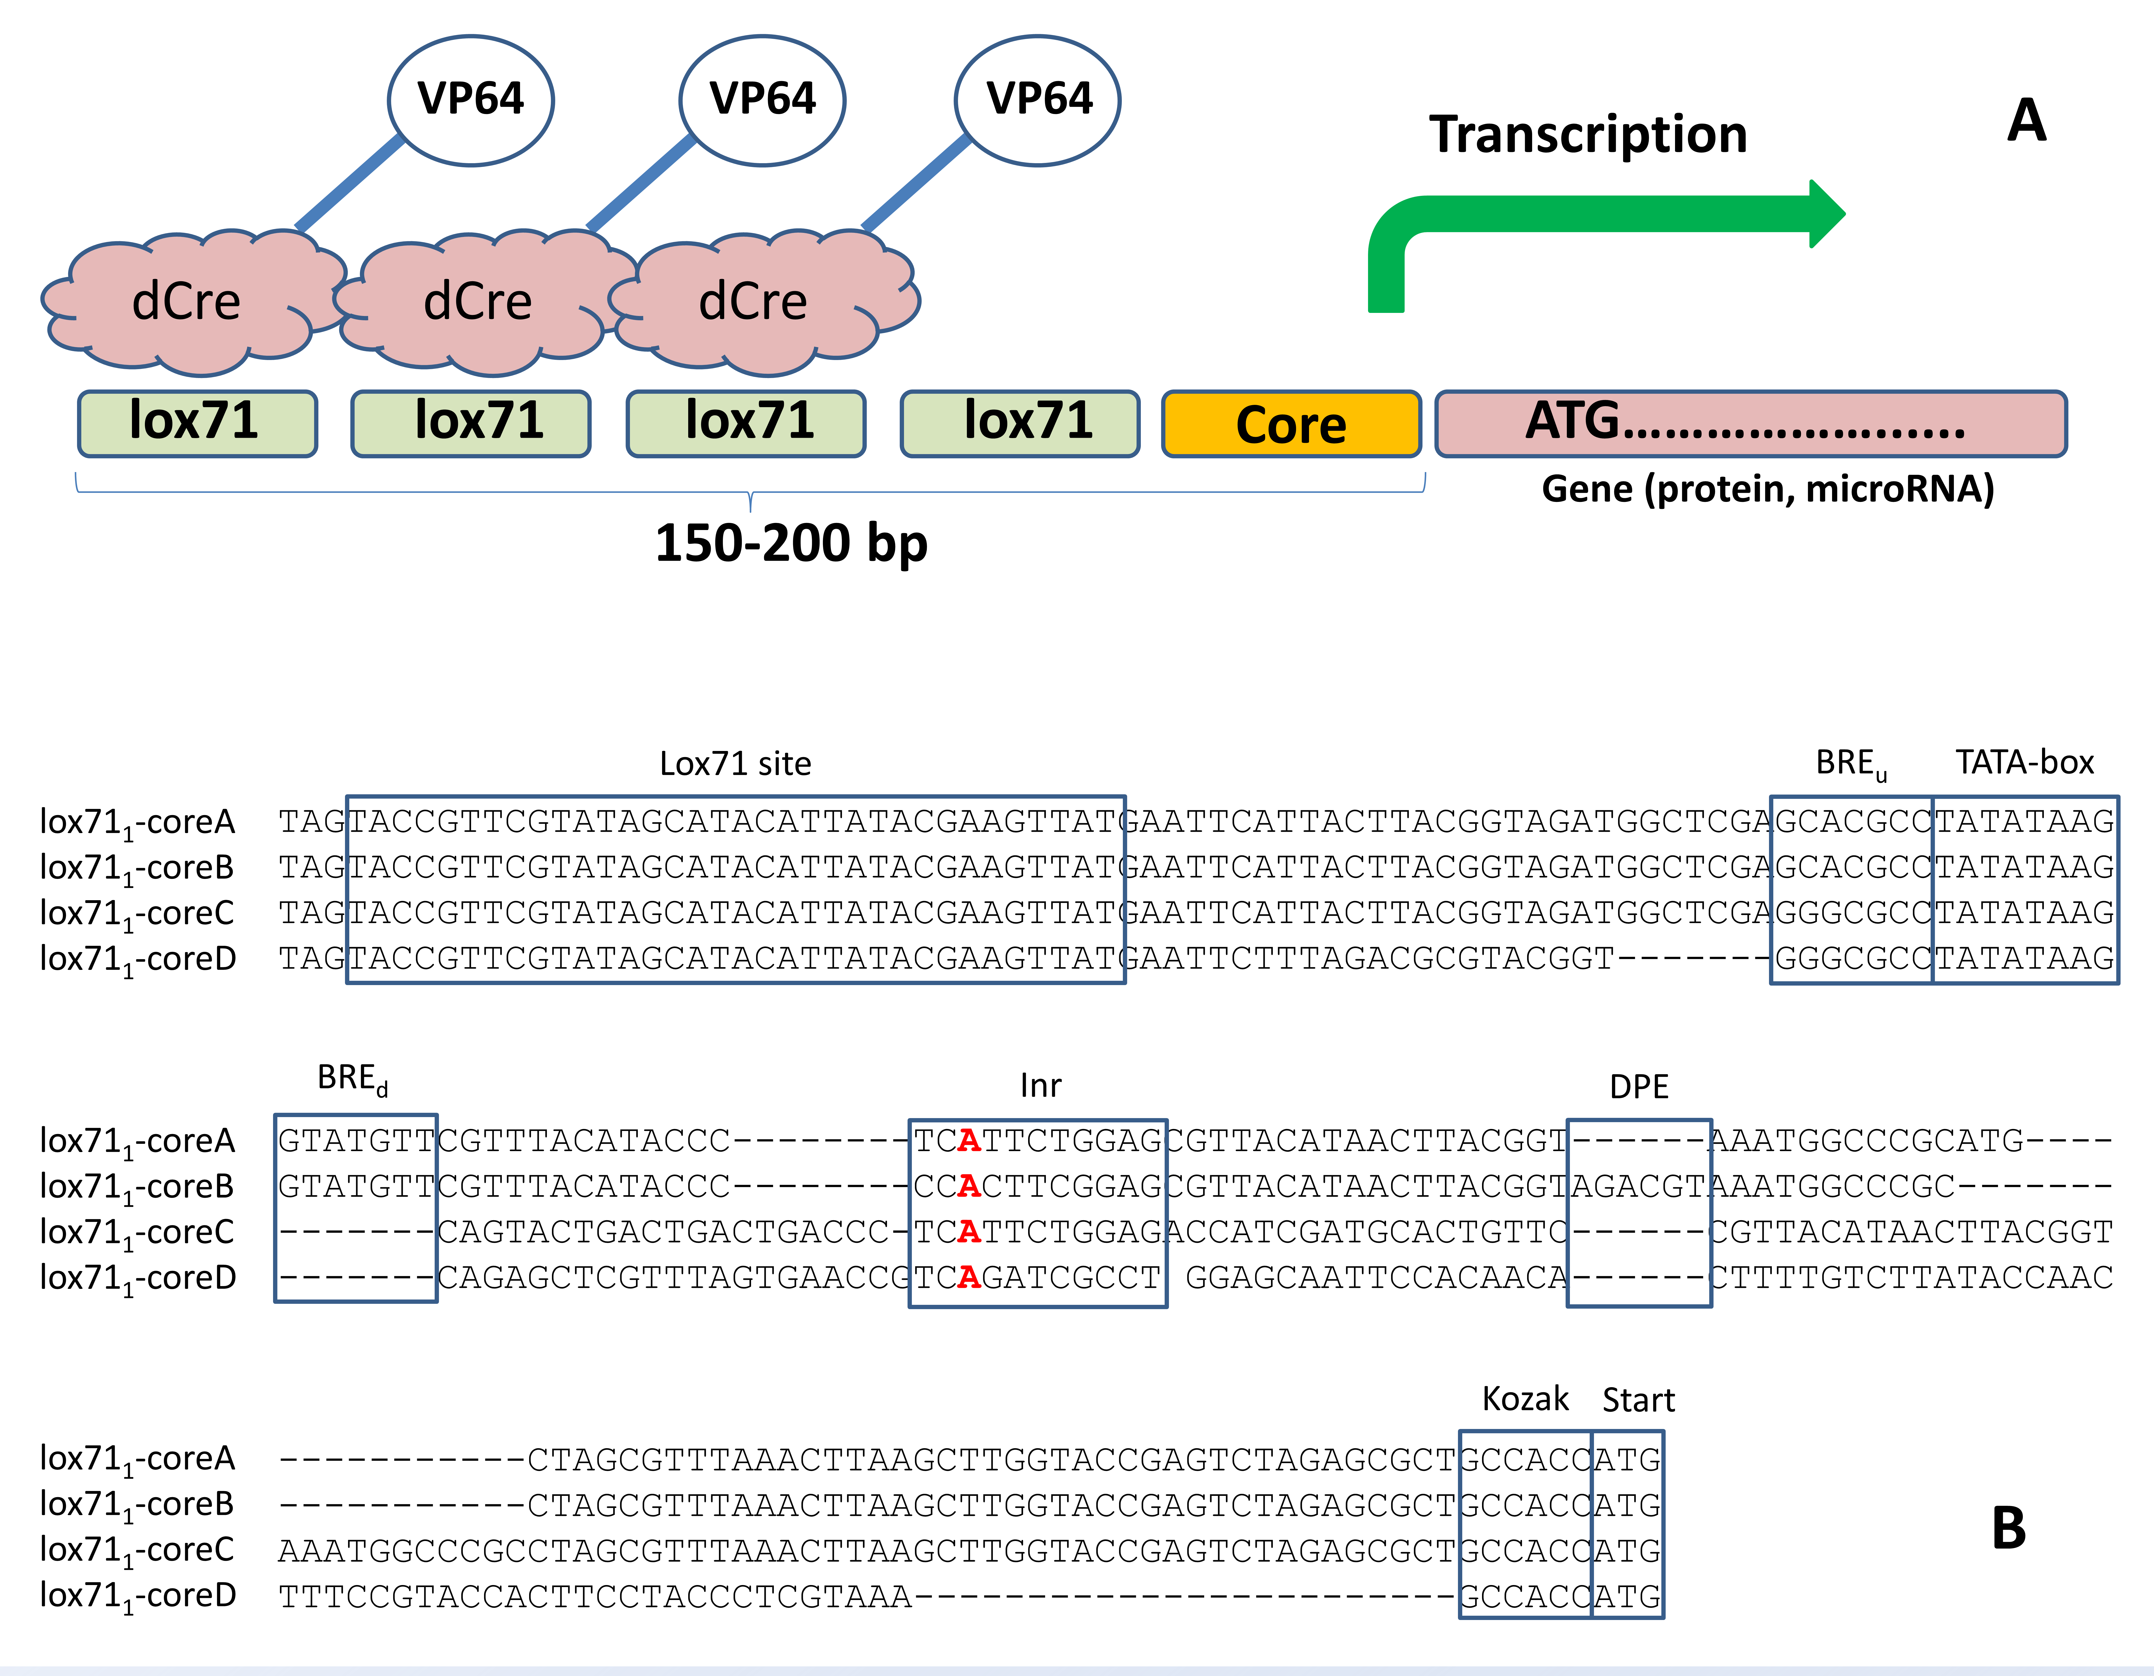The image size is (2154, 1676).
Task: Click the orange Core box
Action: coord(1291,424)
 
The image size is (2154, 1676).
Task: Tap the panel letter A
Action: coord(2027,120)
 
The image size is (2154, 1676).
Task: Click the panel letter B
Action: coord(2009,1528)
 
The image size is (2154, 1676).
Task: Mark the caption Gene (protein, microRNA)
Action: coord(1767,488)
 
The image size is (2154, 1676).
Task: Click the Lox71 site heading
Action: coord(735,764)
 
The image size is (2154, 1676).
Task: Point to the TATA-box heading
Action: coord(2024,763)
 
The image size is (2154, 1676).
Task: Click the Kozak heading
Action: coord(1525,1399)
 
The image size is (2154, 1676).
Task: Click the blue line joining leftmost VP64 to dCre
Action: coord(350,182)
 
